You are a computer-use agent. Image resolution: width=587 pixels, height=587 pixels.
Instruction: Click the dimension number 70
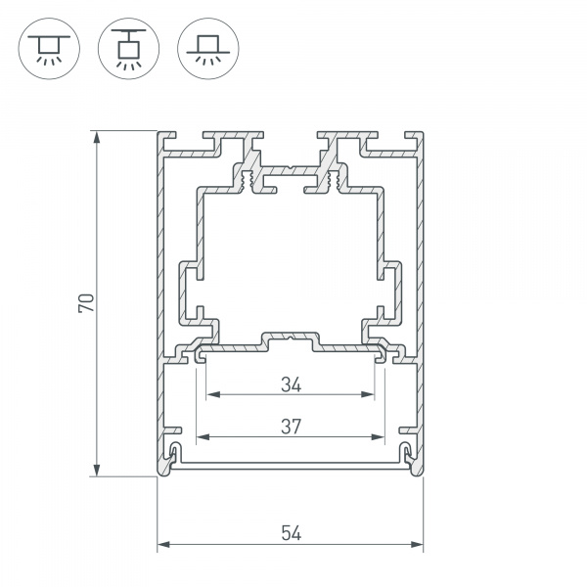(x=86, y=303)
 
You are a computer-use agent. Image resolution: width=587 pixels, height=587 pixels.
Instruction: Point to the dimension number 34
(x=290, y=384)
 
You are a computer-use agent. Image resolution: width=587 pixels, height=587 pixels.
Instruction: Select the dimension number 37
(x=290, y=426)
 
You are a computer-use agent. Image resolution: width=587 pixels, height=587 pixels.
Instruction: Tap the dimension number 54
(x=291, y=532)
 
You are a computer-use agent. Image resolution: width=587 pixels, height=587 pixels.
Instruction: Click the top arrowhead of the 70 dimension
(x=98, y=137)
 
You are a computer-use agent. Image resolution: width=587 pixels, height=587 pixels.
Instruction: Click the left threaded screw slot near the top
(x=248, y=180)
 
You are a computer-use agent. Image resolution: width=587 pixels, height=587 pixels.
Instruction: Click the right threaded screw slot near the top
(x=334, y=180)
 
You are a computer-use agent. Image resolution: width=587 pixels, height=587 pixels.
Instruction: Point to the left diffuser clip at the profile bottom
(x=174, y=453)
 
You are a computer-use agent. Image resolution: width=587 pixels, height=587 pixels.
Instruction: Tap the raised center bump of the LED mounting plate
(x=291, y=339)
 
